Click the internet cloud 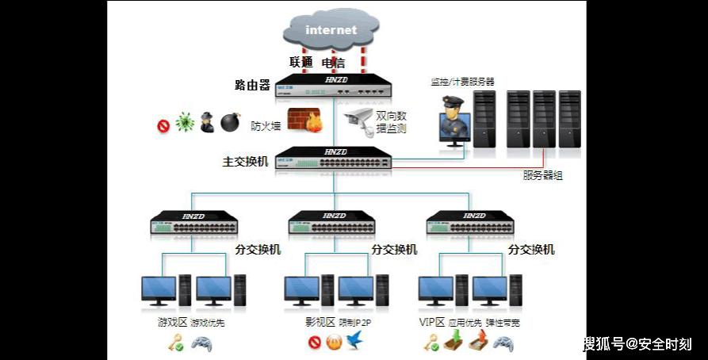coord(331,31)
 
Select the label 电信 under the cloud coord(334,62)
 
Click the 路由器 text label coord(253,85)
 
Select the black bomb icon coord(230,122)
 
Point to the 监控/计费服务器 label coord(462,81)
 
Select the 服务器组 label coord(543,175)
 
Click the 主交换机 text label coord(246,162)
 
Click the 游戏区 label coord(170,323)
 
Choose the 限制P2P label coord(355,323)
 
